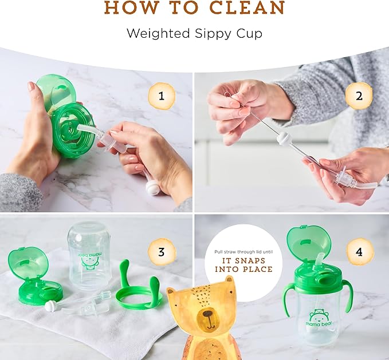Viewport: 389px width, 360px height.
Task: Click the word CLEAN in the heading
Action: point(247,7)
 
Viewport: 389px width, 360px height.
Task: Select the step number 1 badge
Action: point(162,96)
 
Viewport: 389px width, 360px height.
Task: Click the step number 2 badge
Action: point(359,96)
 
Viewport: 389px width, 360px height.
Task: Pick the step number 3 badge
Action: point(162,252)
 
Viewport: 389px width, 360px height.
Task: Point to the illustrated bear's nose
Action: point(207,314)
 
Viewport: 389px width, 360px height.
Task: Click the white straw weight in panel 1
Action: point(152,188)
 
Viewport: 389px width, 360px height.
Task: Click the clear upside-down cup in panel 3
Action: point(89,256)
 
